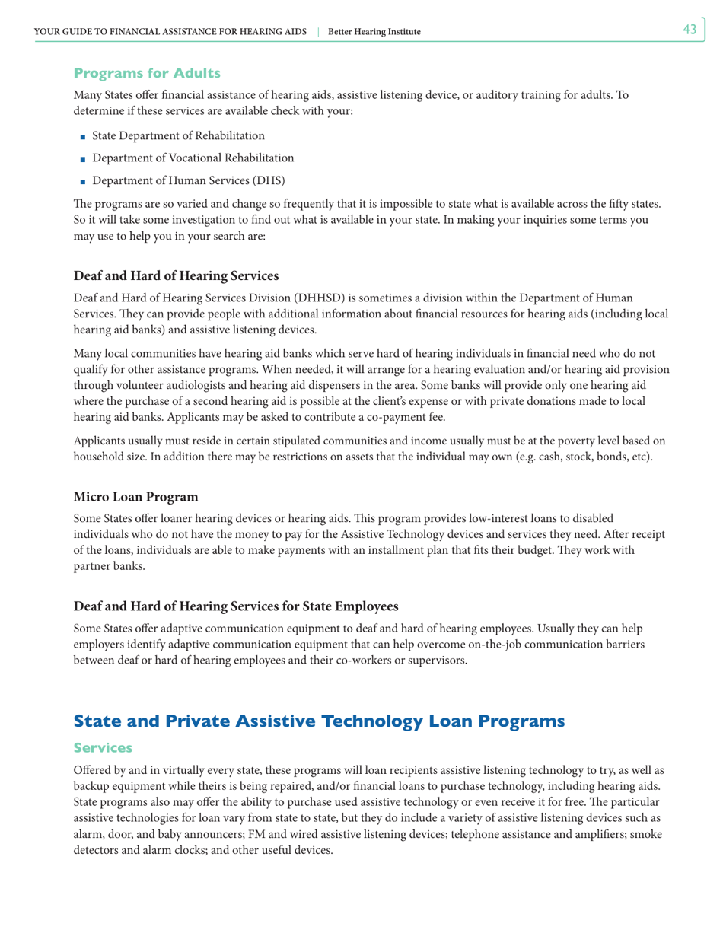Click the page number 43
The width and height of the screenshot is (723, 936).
[690, 30]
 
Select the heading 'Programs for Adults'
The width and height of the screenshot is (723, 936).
[147, 73]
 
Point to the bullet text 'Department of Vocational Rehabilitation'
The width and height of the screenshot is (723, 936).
[193, 158]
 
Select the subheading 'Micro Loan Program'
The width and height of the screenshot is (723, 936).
[135, 497]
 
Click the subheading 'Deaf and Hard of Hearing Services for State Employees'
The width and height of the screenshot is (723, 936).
[236, 607]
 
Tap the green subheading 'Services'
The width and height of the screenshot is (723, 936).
[103, 750]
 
